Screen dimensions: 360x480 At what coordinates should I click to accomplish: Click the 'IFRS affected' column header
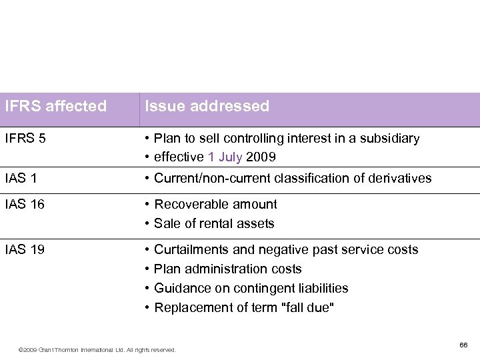click(x=55, y=106)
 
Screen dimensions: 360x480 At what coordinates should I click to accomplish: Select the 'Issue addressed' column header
click(x=207, y=106)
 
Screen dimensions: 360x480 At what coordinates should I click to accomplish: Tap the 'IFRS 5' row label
click(x=26, y=139)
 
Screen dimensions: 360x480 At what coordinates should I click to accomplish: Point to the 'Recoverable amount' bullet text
click(x=215, y=204)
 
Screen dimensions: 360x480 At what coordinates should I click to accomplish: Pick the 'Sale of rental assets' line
click(x=214, y=223)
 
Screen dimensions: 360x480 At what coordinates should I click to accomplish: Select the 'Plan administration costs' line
click(x=227, y=269)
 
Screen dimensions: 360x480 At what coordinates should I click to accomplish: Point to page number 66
click(x=463, y=345)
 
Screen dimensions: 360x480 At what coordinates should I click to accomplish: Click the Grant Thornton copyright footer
click(x=97, y=349)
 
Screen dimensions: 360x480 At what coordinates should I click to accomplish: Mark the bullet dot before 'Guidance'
click(x=146, y=288)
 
